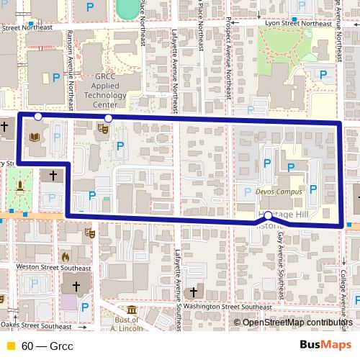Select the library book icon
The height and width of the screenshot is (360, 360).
click(33, 137)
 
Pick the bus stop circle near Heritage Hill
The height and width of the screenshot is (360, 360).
click(268, 215)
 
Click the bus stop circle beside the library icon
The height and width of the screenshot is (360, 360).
click(38, 116)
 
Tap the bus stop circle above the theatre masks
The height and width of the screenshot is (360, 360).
click(109, 118)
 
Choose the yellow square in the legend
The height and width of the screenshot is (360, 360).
click(9, 346)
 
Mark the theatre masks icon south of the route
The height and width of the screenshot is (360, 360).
click(89, 233)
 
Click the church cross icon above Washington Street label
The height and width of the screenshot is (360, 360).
click(192, 292)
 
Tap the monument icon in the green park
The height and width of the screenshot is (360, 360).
click(22, 185)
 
